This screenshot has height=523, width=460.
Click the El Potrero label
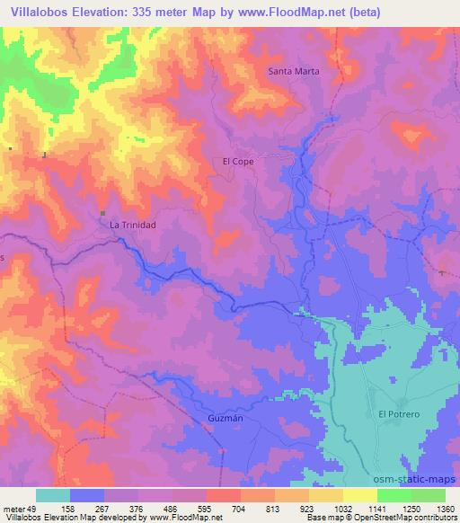(397, 413)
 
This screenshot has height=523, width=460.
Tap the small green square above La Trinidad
(102, 213)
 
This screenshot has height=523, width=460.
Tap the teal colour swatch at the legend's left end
(53, 495)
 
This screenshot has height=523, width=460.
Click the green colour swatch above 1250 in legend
(394, 495)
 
